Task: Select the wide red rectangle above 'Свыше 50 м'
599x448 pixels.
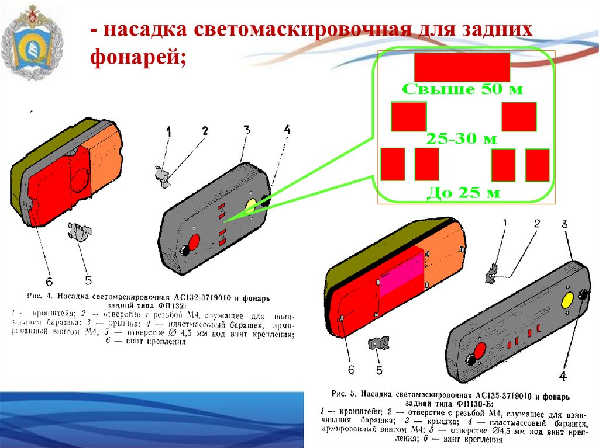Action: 462,67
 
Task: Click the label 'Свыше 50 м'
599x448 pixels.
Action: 462,90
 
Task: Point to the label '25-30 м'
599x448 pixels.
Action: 462,139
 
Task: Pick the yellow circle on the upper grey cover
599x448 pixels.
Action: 250,205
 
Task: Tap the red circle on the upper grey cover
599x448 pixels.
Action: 193,242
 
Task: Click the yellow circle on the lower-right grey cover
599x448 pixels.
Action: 567,301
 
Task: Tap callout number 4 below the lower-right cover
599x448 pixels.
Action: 563,376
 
